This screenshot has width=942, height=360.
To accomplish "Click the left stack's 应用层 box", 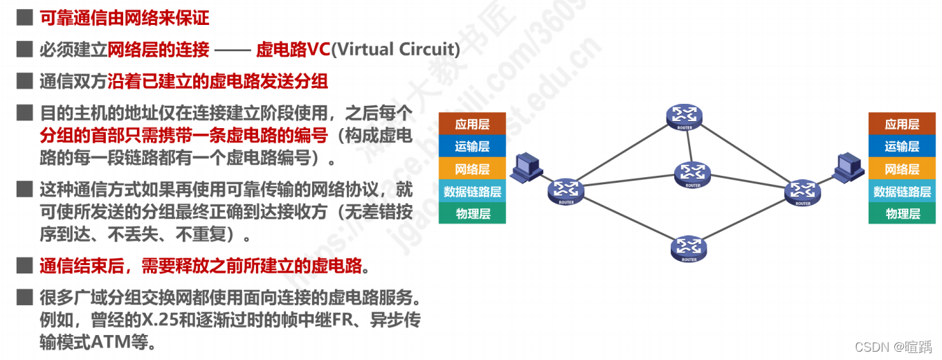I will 472,125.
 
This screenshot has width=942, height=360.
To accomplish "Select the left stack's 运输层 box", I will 472,147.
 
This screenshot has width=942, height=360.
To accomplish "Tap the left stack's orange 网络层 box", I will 472,169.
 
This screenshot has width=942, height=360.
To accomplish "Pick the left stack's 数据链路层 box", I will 472,192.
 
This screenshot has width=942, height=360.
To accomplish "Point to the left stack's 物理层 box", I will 472,213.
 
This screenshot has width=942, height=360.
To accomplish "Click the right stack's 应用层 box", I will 902,125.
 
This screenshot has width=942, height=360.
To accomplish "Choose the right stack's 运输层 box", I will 902,147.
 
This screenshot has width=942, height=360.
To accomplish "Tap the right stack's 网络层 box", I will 902,169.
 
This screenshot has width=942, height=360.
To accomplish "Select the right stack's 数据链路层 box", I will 902,192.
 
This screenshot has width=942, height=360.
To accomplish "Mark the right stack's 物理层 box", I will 902,213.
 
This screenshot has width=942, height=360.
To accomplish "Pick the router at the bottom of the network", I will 689,247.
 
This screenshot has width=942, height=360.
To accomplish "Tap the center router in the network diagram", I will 693,174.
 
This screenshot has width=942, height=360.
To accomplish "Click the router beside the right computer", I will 803,192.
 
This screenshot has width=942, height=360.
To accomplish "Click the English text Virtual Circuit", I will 396,49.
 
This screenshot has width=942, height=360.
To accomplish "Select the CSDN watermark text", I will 892,345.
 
